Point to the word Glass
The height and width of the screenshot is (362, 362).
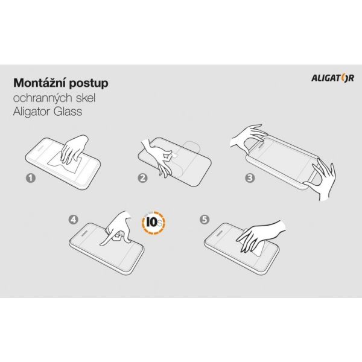[x=68, y=111]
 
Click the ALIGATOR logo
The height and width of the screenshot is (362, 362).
[x=332, y=78]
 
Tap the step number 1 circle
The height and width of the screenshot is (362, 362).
[x=31, y=178]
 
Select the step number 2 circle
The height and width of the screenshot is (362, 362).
[x=143, y=178]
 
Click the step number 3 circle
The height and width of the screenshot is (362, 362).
[x=250, y=178]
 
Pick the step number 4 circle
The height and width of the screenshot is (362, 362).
[x=73, y=219]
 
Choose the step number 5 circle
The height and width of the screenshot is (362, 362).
[x=205, y=219]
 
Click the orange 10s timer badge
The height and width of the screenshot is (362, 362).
[x=154, y=223]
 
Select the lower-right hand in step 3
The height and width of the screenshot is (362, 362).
[x=321, y=179]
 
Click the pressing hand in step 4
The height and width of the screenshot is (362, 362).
[x=116, y=228]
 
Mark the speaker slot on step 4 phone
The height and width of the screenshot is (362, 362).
[x=83, y=233]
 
